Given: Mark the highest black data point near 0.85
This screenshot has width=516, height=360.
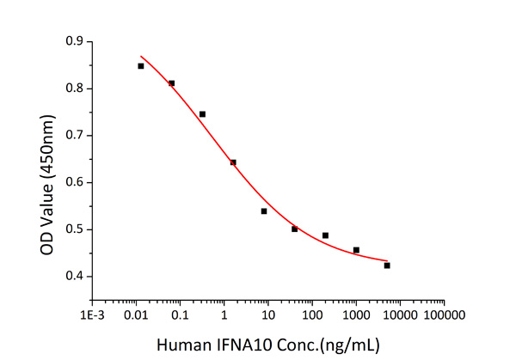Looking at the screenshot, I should pos(140,66).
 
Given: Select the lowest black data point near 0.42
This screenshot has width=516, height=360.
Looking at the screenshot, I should pos(387,265).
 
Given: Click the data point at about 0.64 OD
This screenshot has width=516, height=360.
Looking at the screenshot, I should pos(233,162).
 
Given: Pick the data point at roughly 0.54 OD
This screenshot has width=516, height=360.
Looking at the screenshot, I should pos(264,211).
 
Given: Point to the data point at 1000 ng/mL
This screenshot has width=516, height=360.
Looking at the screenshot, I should pos(356,250).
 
